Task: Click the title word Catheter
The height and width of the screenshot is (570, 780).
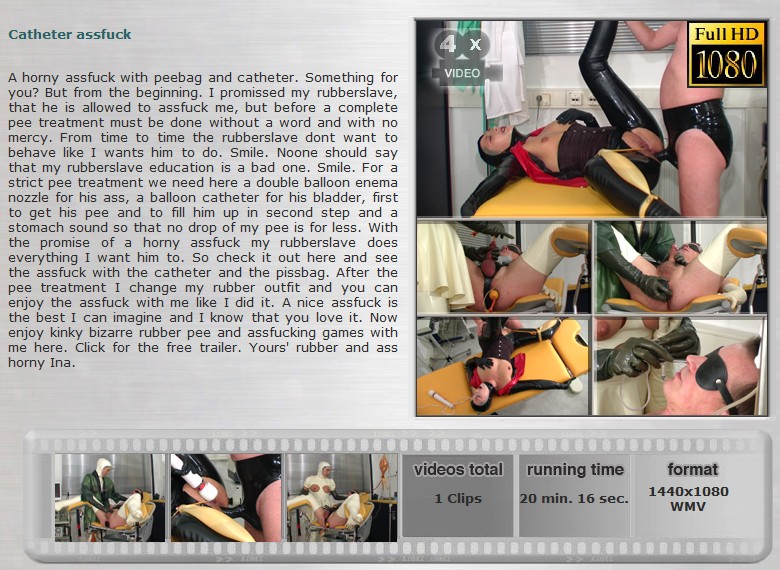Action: (x=36, y=34)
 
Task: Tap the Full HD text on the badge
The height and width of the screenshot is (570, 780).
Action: (x=726, y=34)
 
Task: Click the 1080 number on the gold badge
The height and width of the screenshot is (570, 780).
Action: (x=726, y=64)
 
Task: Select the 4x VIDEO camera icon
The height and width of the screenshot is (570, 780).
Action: (x=462, y=56)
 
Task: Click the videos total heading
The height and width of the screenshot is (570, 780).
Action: (x=458, y=470)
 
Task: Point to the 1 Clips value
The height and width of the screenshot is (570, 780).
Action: (x=458, y=498)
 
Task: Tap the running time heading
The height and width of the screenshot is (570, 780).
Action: (x=575, y=470)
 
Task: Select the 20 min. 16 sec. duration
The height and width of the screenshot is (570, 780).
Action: (x=574, y=498)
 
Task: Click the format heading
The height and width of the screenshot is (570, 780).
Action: (x=692, y=470)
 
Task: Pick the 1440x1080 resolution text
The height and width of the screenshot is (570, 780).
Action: (x=688, y=491)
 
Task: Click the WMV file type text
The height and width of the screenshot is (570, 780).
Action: (x=688, y=506)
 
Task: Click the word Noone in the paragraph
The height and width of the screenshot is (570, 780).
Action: (x=298, y=153)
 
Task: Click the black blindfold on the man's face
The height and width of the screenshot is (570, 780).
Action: (x=714, y=369)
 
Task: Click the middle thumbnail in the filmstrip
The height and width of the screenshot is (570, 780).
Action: (x=226, y=497)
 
